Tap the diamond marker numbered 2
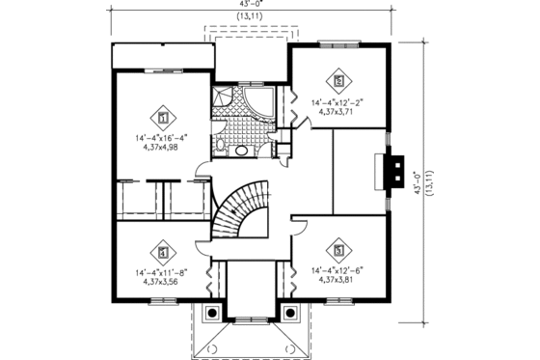[x=337, y=80]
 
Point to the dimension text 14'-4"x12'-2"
[x=337, y=100]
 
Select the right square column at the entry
[x=290, y=311]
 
